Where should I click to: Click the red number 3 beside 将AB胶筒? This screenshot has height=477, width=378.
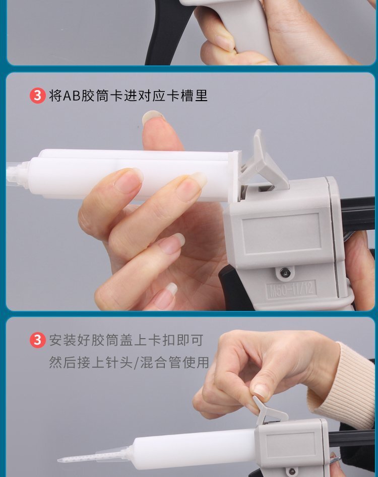click(37, 96)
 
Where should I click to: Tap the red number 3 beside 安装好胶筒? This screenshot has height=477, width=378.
click(37, 340)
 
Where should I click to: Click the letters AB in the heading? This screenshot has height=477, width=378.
click(72, 96)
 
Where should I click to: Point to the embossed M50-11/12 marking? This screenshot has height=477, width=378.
click(291, 289)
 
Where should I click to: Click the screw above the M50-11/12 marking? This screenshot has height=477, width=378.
click(284, 272)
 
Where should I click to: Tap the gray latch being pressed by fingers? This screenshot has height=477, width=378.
click(270, 410)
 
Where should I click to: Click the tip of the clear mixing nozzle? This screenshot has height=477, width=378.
click(59, 460)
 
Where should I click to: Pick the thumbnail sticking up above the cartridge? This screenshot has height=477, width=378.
click(152, 117)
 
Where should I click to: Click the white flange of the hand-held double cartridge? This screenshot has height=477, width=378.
click(235, 177)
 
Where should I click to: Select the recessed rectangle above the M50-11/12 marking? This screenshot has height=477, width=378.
click(281, 234)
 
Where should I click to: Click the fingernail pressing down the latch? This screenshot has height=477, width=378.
click(261, 392)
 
